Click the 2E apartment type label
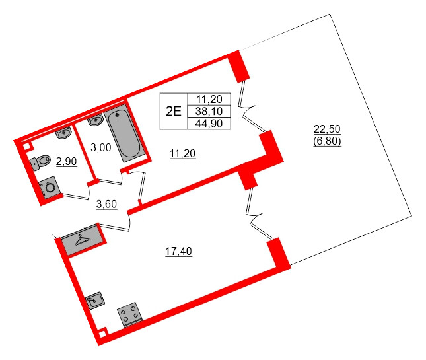tap(173, 110)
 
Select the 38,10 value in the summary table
tap(209, 110)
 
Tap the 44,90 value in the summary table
tap(209, 122)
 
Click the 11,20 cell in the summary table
tap(209, 98)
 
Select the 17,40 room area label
tap(178, 251)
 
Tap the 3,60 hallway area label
tap(106, 203)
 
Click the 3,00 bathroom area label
tap(100, 147)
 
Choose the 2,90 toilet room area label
tap(66, 161)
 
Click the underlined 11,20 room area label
tap(183, 154)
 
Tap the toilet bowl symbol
tap(41, 161)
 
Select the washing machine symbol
tap(50, 188)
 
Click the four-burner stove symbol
tap(131, 314)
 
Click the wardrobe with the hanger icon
tap(81, 240)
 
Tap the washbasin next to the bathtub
tap(94, 120)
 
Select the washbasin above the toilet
tap(63, 133)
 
